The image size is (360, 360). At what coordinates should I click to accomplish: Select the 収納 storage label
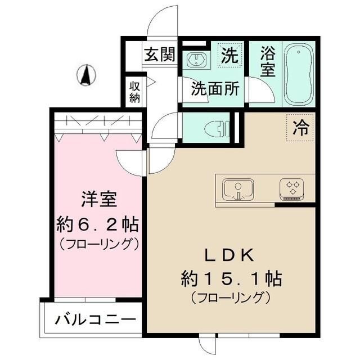[135, 92]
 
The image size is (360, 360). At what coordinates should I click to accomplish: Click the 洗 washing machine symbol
[229, 55]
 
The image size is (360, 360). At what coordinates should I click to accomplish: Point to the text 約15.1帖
[231, 278]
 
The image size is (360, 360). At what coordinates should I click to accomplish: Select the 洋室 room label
[98, 199]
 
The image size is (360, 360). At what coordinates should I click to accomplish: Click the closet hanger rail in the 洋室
[98, 121]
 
